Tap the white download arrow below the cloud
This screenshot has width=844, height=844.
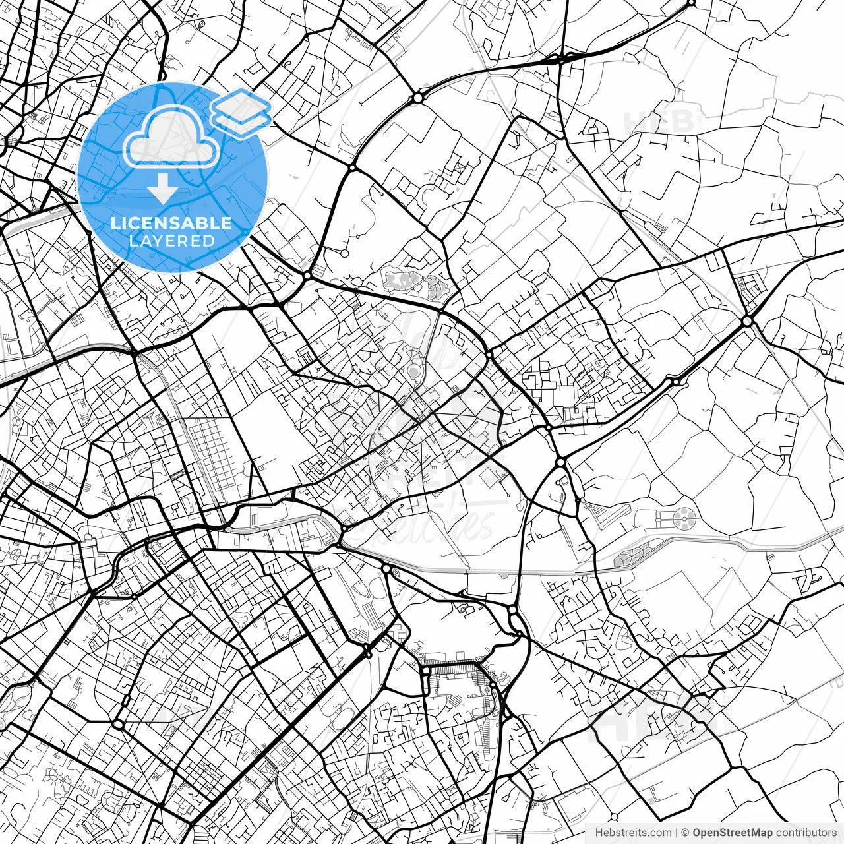162,189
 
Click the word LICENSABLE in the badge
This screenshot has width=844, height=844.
171,223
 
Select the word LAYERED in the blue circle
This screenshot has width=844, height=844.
171,241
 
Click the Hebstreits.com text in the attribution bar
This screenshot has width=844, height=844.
633,833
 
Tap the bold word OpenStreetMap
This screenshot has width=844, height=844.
732,833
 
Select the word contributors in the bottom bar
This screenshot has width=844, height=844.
806,833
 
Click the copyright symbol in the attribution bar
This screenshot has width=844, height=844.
685,833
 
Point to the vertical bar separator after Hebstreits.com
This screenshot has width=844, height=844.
677,833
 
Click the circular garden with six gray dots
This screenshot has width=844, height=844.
684,520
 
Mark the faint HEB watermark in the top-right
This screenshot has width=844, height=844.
659,122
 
